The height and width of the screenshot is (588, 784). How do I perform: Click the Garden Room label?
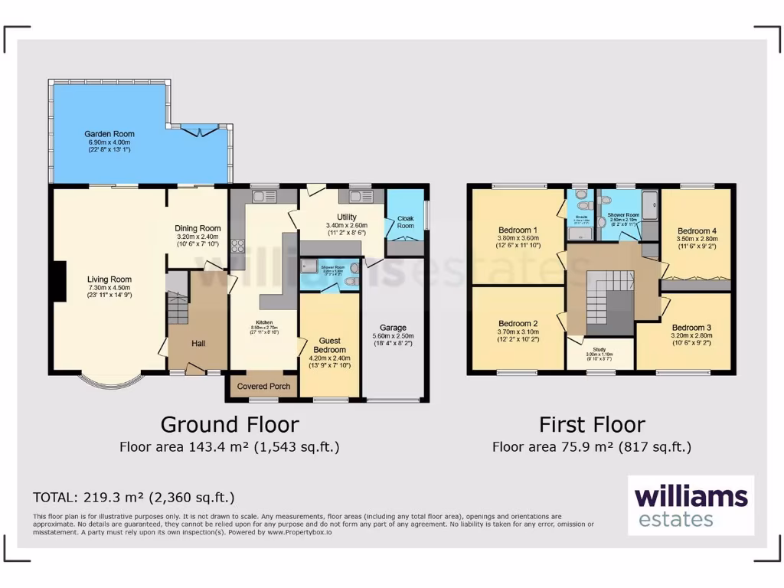(x=110, y=134)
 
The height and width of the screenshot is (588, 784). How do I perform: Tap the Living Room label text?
(x=109, y=279)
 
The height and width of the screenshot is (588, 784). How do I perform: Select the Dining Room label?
(x=198, y=228)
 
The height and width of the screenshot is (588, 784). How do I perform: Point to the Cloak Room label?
(x=405, y=222)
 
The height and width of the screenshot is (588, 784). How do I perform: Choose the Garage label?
(x=393, y=328)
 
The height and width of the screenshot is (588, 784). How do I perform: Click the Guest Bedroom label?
(x=329, y=345)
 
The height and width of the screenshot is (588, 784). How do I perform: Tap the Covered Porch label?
(x=263, y=386)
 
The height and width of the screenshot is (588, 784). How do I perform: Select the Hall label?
(x=198, y=344)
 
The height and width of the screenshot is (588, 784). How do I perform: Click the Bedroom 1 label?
(x=518, y=230)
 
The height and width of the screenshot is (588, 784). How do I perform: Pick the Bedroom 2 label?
(x=518, y=323)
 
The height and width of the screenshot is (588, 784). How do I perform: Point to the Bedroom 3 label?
(x=691, y=328)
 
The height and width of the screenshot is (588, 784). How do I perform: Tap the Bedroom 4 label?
(x=697, y=230)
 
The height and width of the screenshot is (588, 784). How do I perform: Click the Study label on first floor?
(x=599, y=348)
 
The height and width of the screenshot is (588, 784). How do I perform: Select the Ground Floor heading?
(x=229, y=424)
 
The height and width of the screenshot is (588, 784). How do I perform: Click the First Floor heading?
(x=592, y=424)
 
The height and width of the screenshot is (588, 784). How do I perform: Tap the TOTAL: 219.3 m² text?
(x=133, y=497)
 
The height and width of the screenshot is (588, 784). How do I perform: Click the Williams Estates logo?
(x=691, y=505)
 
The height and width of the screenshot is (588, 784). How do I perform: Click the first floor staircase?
(x=609, y=303)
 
